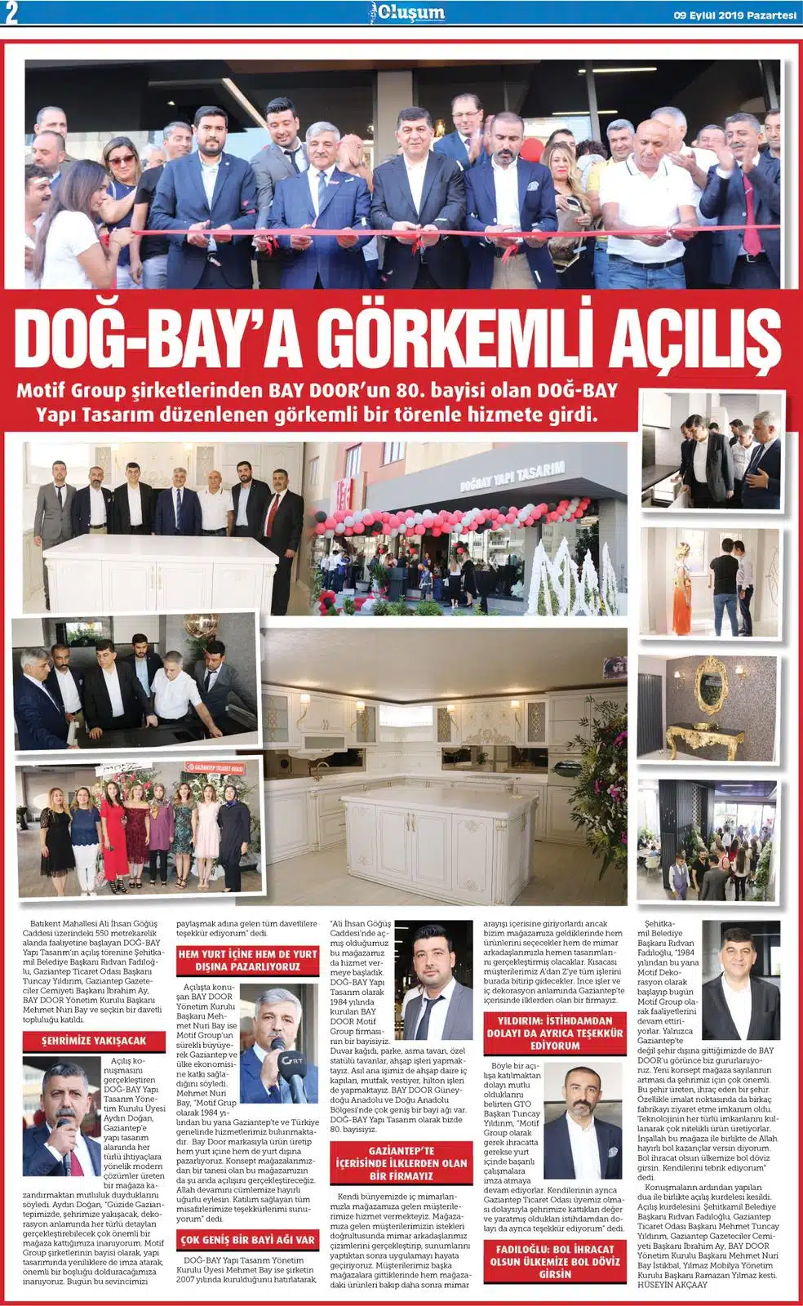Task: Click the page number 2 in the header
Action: coord(11,12)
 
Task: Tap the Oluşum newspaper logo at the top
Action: coord(406,12)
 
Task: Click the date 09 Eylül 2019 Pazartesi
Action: coord(734,13)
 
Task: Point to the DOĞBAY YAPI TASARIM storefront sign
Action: coord(512,476)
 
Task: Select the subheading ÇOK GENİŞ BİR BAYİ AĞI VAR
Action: coord(247,1240)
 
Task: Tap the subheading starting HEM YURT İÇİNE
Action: coord(247,960)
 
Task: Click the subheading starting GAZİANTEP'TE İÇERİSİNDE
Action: coord(400,1163)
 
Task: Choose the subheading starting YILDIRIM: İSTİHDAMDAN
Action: coord(554,1033)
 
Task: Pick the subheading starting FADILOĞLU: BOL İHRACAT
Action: coord(554,1261)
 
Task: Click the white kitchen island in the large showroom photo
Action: coord(424,824)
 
